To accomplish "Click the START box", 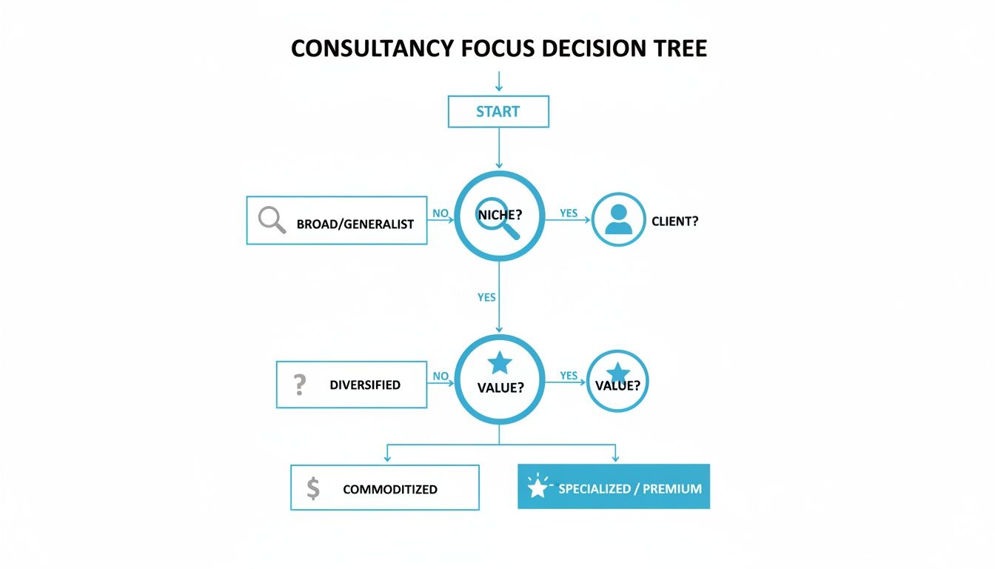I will pyautogui.click(x=498, y=112).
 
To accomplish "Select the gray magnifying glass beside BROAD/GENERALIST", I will pyautogui.click(x=272, y=220).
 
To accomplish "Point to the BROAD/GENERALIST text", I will pyautogui.click(x=355, y=224).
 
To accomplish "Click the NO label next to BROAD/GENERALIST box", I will pyautogui.click(x=440, y=213).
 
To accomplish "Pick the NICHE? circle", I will pyautogui.click(x=499, y=216).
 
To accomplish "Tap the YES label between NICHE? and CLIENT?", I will pyautogui.click(x=569, y=213).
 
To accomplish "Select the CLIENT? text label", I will pyautogui.click(x=674, y=221).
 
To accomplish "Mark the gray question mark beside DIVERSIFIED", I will pyautogui.click(x=299, y=385).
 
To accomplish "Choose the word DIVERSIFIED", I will pyautogui.click(x=365, y=385).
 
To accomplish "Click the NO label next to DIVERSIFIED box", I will pyautogui.click(x=440, y=376).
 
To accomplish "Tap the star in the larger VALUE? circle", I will pyautogui.click(x=500, y=363).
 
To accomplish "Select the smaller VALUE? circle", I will pyautogui.click(x=617, y=381).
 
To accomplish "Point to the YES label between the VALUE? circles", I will pyautogui.click(x=569, y=376).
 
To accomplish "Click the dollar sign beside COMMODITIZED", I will pyautogui.click(x=313, y=488).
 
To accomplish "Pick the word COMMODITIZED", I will pyautogui.click(x=390, y=490).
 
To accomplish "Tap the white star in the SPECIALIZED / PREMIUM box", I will pyautogui.click(x=537, y=488).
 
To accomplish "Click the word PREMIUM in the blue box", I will pyautogui.click(x=672, y=489).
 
